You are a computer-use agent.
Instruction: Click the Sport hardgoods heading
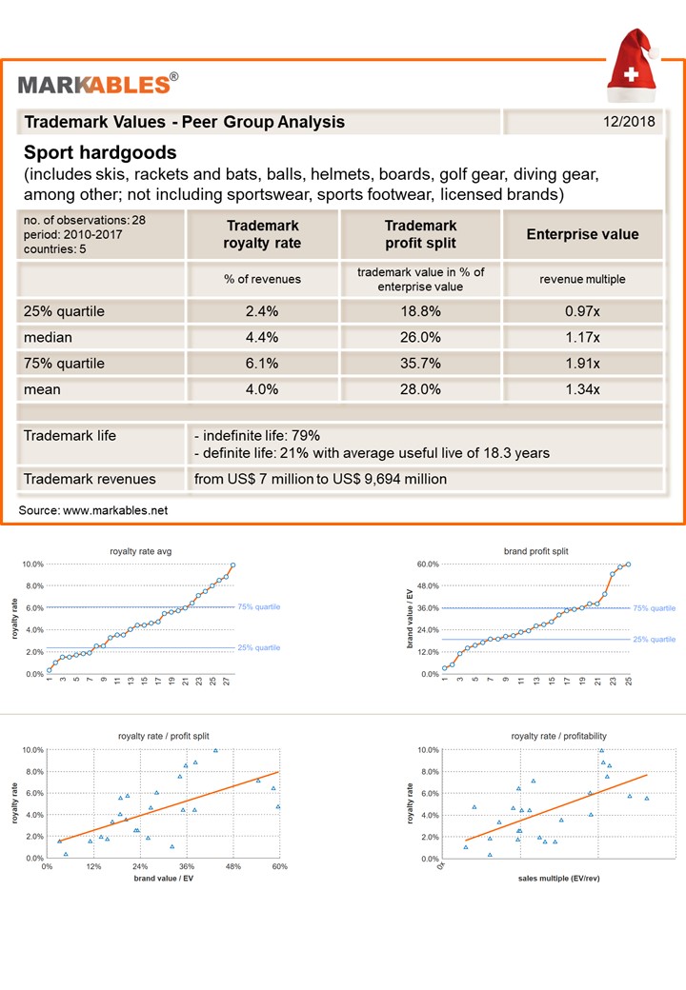(100, 152)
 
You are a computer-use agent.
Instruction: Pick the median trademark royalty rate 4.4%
(262, 337)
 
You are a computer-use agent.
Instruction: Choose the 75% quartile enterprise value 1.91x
(582, 364)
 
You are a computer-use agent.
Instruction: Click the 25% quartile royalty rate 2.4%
(262, 310)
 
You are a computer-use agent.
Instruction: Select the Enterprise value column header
(582, 234)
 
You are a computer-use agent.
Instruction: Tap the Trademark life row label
(70, 436)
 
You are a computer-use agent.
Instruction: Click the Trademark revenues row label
(90, 479)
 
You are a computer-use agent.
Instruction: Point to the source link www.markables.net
(115, 510)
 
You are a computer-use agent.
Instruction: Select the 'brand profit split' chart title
(535, 551)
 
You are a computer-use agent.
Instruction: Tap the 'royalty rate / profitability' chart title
(559, 736)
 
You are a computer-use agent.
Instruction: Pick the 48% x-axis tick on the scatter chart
(233, 867)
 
